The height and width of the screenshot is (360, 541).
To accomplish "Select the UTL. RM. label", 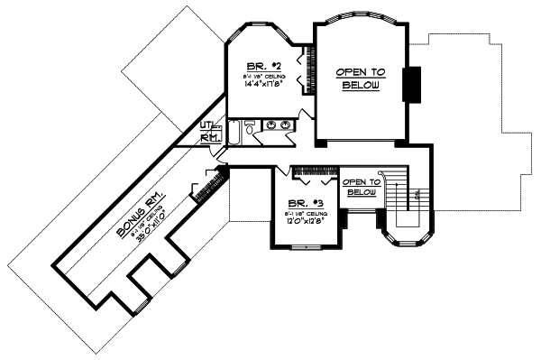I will [209, 133].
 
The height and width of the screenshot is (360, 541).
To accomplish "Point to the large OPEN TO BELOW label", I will [360, 78].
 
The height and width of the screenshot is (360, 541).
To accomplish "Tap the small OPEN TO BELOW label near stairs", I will [361, 187].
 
